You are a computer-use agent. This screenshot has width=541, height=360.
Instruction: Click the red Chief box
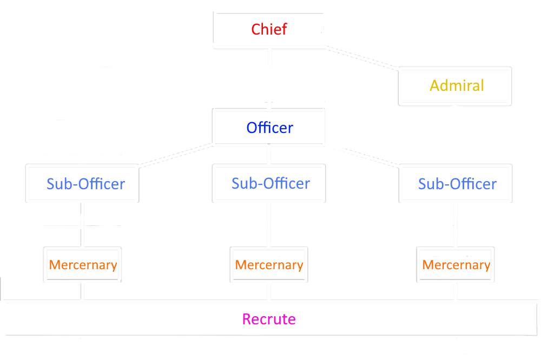(x=269, y=30)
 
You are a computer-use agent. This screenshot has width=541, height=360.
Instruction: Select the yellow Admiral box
(x=455, y=86)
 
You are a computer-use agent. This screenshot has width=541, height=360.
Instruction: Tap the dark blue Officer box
(x=268, y=127)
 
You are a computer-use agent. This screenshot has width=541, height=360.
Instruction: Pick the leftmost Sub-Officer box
(x=82, y=183)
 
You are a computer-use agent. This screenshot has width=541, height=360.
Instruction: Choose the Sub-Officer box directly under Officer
(x=269, y=183)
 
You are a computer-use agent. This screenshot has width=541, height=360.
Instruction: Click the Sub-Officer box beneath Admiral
(x=456, y=183)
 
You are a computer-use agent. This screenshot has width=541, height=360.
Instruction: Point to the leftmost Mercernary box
(x=82, y=264)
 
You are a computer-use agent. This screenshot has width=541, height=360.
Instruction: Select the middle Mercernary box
(x=269, y=264)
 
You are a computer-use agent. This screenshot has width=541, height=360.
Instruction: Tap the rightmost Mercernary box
(x=456, y=264)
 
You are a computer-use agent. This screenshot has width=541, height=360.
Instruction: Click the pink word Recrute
(x=269, y=319)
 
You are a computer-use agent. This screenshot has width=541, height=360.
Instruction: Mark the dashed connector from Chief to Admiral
(x=361, y=58)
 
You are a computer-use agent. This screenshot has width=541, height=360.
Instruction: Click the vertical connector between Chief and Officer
(x=269, y=78)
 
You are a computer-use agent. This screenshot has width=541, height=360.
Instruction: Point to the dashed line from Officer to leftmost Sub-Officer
(x=176, y=156)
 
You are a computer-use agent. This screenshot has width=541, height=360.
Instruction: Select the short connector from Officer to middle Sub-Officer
(x=269, y=155)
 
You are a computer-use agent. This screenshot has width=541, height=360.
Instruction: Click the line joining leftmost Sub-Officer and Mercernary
(x=82, y=224)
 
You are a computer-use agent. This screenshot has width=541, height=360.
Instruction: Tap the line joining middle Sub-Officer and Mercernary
(x=269, y=224)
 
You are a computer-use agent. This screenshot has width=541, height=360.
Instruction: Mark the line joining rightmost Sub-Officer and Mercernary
(x=456, y=224)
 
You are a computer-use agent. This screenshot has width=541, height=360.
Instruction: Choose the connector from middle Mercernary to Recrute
(x=269, y=291)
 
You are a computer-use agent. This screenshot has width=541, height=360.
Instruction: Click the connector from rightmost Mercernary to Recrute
(x=456, y=291)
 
